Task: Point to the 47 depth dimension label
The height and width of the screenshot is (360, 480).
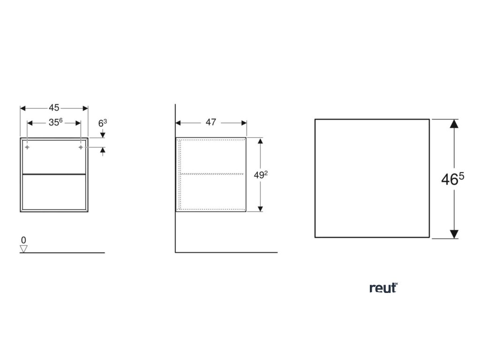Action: (x=211, y=122)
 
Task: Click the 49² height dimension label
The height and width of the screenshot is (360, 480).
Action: (x=262, y=174)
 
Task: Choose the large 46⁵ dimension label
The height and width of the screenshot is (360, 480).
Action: (x=452, y=179)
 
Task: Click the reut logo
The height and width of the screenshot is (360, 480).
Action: (x=383, y=288)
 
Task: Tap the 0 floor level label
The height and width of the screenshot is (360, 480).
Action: (x=23, y=240)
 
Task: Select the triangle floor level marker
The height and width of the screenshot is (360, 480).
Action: (x=24, y=248)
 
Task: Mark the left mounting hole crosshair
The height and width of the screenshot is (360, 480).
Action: (x=28, y=147)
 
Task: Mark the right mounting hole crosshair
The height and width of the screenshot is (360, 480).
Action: (x=81, y=147)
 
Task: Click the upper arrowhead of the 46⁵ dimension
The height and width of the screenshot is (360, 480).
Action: (x=453, y=124)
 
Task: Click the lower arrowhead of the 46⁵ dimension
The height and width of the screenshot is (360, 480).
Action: (x=453, y=233)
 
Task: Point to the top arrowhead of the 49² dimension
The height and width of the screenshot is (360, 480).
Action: (x=261, y=141)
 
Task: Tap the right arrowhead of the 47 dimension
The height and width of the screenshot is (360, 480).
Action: (x=244, y=123)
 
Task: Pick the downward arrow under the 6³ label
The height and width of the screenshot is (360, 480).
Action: (x=103, y=135)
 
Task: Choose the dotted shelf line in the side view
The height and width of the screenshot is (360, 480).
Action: (x=211, y=174)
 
